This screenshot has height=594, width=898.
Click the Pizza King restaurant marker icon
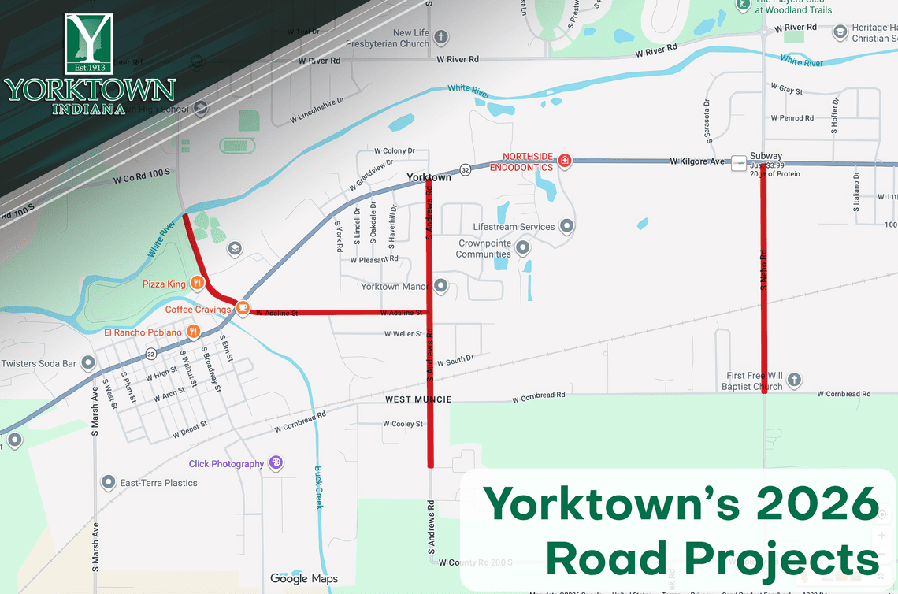[197, 283]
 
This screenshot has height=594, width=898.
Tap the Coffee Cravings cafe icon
[243, 309]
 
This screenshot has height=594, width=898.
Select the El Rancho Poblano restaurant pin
[191, 332]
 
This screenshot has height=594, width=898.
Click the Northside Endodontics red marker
[565, 161]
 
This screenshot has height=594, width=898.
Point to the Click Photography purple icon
[276, 463]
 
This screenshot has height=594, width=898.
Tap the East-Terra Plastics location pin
[109, 482]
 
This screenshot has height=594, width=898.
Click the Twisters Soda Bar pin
[88, 363]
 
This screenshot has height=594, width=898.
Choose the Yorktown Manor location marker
[440, 286]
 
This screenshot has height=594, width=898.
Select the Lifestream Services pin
[566, 227]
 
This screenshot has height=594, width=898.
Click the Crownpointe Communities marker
[522, 249]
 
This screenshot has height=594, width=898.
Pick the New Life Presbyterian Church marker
[441, 37]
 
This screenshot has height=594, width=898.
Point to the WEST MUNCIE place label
[418, 399]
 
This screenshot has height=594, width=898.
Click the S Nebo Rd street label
[763, 269]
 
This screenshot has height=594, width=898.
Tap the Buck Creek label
[319, 487]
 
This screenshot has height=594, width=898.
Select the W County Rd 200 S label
[476, 562]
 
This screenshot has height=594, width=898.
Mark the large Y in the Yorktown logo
[88, 43]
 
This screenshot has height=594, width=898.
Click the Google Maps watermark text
[303, 579]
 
